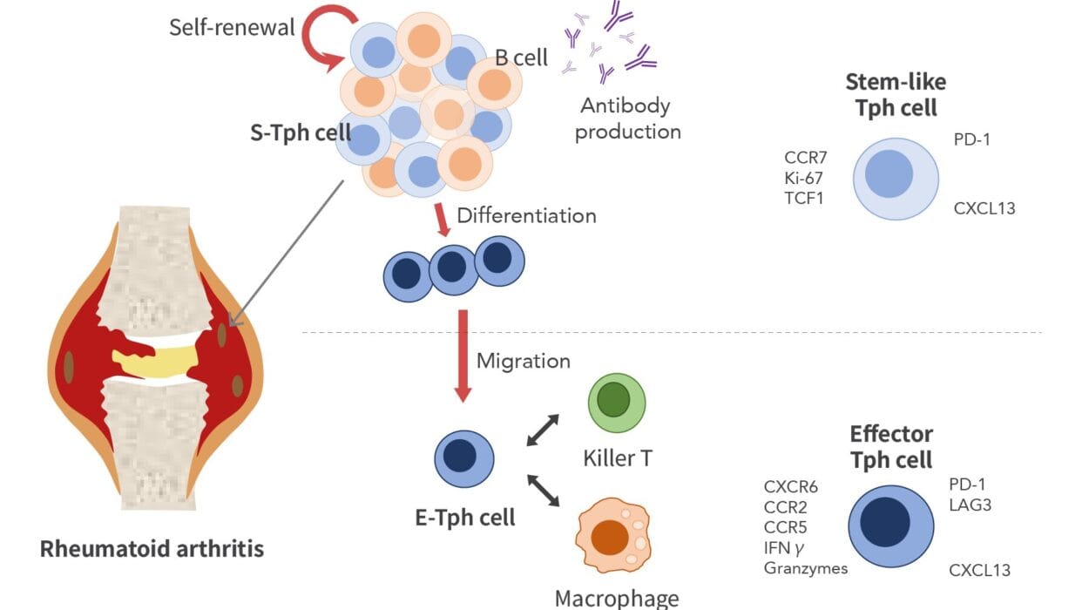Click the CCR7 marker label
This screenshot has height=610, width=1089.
805,157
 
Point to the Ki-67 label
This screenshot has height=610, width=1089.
804,178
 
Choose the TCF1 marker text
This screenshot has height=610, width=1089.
804,199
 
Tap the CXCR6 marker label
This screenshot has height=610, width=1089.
791,486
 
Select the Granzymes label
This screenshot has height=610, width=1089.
806,568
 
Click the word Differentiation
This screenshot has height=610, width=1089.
527,215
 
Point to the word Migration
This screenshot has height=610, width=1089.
524,360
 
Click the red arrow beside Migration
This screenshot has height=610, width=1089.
463,357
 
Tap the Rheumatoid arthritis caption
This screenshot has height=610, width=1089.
152,549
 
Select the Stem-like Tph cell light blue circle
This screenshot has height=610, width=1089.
895,179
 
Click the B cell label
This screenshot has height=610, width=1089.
522,58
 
